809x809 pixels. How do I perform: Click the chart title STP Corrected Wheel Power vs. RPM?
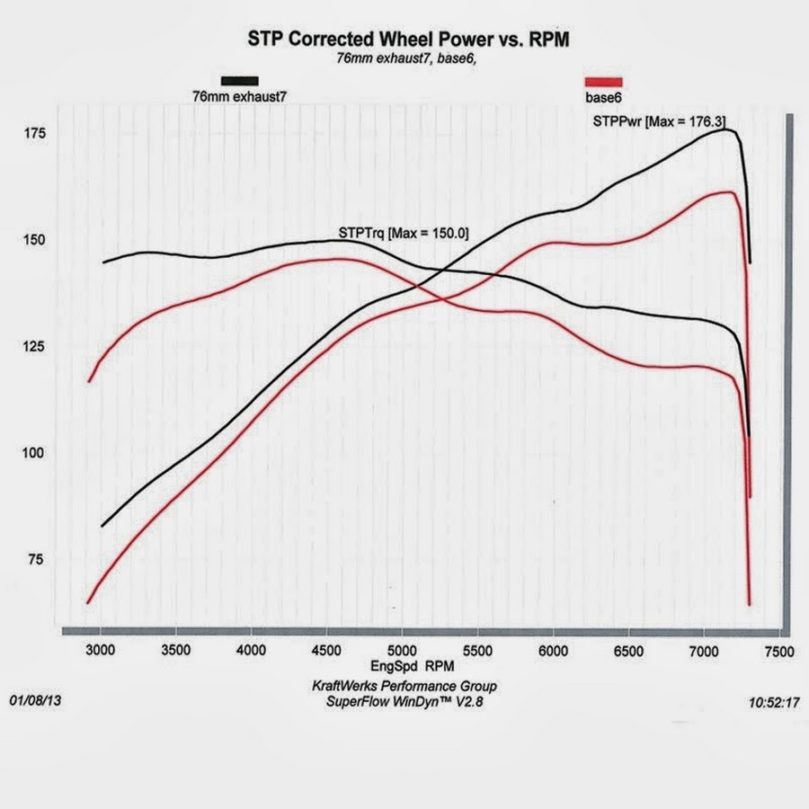click(x=409, y=40)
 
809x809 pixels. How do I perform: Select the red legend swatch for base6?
click(x=603, y=81)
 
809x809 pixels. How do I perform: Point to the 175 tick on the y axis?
click(x=35, y=134)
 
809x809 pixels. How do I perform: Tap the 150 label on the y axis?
click(x=35, y=240)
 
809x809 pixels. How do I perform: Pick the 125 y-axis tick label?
click(x=35, y=346)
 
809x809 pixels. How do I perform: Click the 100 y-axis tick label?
click(x=35, y=452)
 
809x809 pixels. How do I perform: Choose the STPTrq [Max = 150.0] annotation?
click(x=403, y=233)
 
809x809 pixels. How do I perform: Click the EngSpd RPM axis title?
click(x=411, y=668)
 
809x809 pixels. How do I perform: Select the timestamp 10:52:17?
click(x=773, y=704)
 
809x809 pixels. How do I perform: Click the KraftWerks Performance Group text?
click(x=404, y=686)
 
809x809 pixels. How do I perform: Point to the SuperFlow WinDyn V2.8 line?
click(x=404, y=702)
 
